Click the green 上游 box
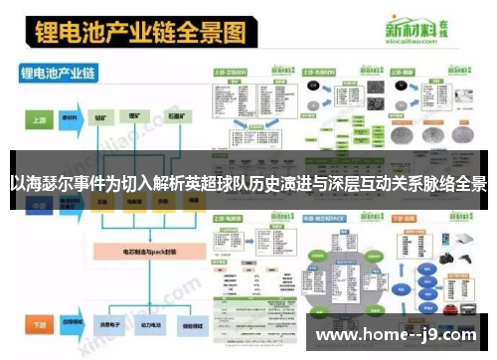(x=38, y=117)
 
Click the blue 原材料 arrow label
(x=70, y=117)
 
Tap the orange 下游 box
(x=38, y=325)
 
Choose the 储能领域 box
(x=191, y=325)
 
